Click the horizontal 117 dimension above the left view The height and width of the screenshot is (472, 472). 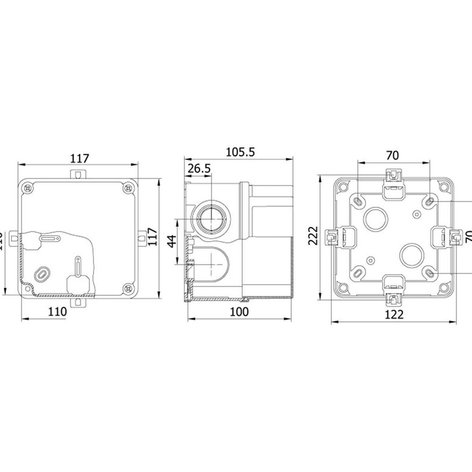coord(80,159)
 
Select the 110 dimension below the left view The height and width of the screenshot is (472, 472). coord(57,312)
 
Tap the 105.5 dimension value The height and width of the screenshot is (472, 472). coord(240,151)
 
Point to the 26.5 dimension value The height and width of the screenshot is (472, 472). coord(199,169)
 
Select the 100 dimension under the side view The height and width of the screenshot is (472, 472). coord(239,312)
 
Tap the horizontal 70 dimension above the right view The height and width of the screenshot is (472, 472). coord(393,156)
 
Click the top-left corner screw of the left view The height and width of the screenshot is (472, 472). coord(29,188)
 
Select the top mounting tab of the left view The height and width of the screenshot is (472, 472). coord(79,173)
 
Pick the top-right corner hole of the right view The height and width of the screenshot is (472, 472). coord(445,186)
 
